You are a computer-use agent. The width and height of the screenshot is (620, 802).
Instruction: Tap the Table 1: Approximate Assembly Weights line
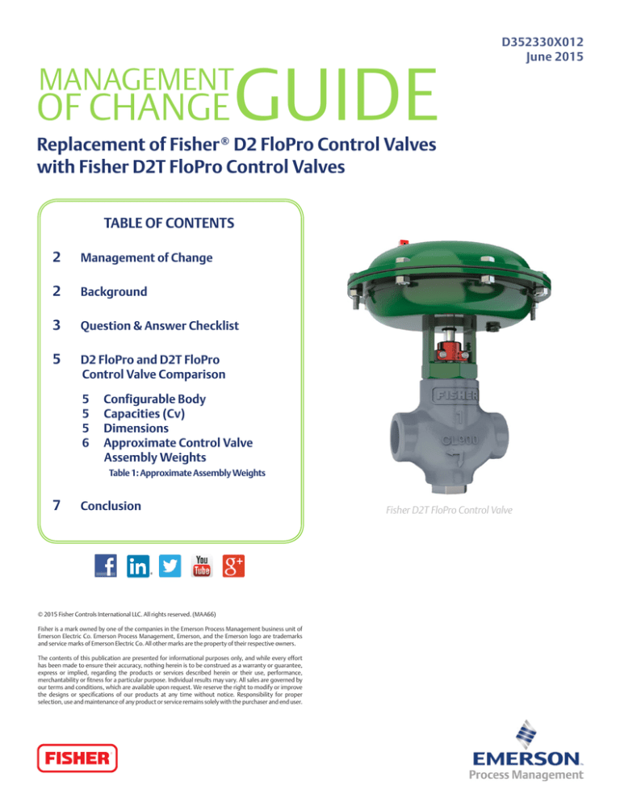click(x=181, y=474)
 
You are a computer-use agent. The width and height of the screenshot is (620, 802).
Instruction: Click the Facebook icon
click(x=105, y=566)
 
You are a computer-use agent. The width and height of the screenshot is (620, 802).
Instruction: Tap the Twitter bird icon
click(x=170, y=566)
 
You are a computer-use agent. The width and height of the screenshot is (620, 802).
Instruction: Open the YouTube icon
click(x=201, y=566)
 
